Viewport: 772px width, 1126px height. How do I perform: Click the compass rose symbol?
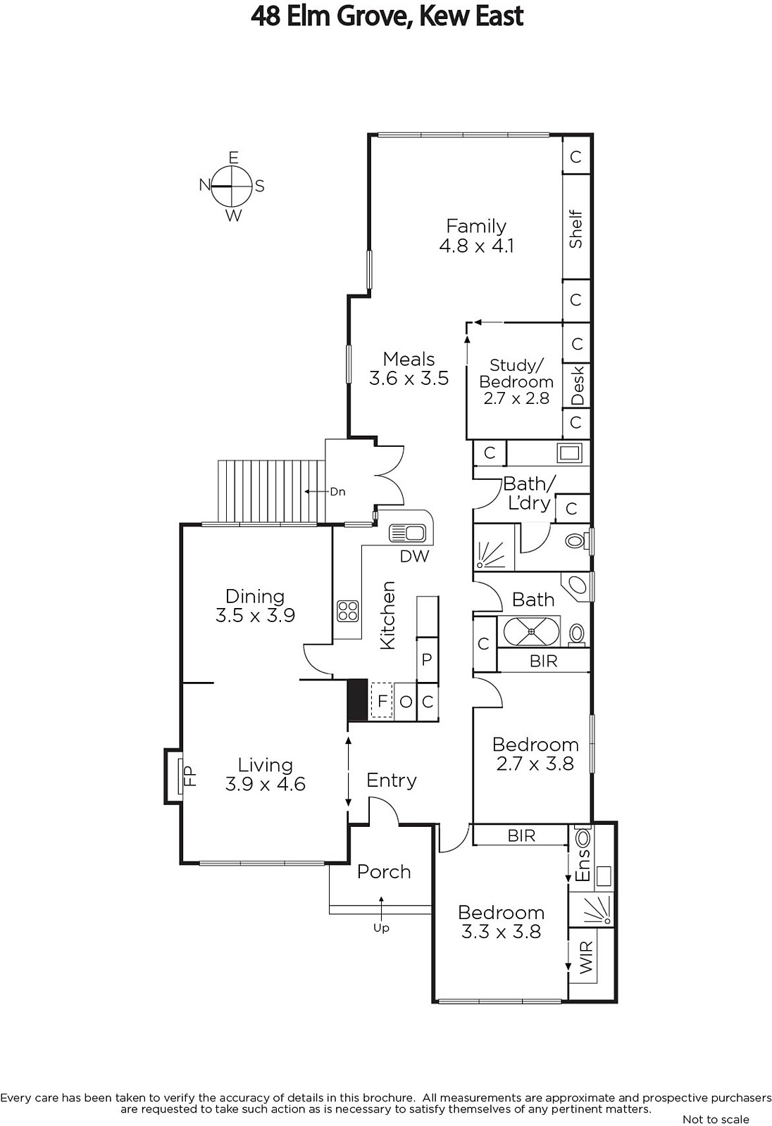click(232, 186)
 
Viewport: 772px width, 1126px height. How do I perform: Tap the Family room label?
click(476, 236)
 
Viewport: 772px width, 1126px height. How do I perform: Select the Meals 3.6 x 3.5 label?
click(409, 369)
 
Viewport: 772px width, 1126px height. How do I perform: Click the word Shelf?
click(575, 229)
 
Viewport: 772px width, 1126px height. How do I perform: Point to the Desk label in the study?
click(578, 386)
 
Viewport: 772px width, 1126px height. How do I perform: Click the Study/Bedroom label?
click(516, 381)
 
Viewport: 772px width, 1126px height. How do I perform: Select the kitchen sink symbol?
click(408, 533)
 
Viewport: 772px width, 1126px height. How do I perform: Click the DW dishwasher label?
click(415, 556)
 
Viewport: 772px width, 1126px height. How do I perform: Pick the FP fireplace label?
click(189, 776)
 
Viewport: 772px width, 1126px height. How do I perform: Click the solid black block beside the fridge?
click(358, 700)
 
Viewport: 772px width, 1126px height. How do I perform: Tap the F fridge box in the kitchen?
click(382, 700)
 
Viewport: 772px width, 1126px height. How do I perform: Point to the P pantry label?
click(427, 659)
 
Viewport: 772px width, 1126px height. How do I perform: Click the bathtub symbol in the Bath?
click(528, 631)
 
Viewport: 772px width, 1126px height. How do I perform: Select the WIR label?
click(587, 958)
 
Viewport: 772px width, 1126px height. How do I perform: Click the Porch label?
click(384, 872)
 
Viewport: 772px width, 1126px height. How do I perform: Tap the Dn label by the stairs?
click(337, 492)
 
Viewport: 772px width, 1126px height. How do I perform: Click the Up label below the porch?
click(381, 928)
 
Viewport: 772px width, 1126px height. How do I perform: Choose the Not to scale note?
click(716, 1119)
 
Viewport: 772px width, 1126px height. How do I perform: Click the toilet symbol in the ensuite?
click(583, 837)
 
